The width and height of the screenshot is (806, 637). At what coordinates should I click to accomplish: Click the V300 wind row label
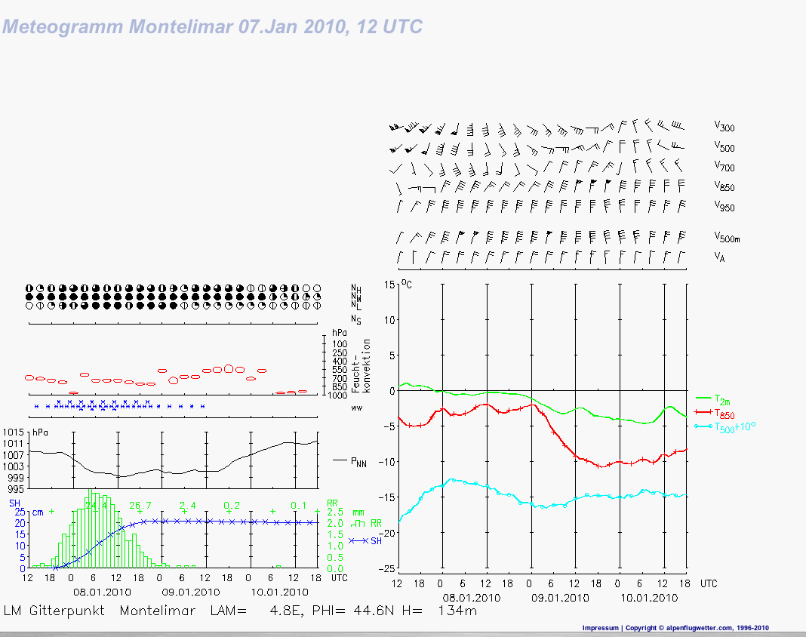click(724, 128)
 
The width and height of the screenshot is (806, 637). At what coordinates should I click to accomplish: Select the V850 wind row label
click(724, 187)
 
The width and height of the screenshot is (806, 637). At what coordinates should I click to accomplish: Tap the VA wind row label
click(720, 257)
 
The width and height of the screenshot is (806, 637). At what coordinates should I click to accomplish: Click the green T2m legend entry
click(722, 399)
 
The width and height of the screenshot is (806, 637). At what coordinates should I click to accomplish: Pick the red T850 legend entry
click(725, 413)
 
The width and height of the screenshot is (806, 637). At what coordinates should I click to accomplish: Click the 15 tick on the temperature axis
click(389, 284)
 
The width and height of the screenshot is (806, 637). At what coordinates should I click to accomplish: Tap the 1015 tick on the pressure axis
click(14, 432)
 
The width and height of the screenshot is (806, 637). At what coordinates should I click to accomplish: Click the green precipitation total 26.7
click(140, 504)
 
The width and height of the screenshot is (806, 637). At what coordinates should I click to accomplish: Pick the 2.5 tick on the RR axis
click(334, 512)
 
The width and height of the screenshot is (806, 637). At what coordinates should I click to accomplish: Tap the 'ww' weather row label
click(357, 408)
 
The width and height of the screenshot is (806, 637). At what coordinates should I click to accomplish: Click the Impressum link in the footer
click(601, 628)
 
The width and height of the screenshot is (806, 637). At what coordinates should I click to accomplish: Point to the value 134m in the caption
click(457, 611)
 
